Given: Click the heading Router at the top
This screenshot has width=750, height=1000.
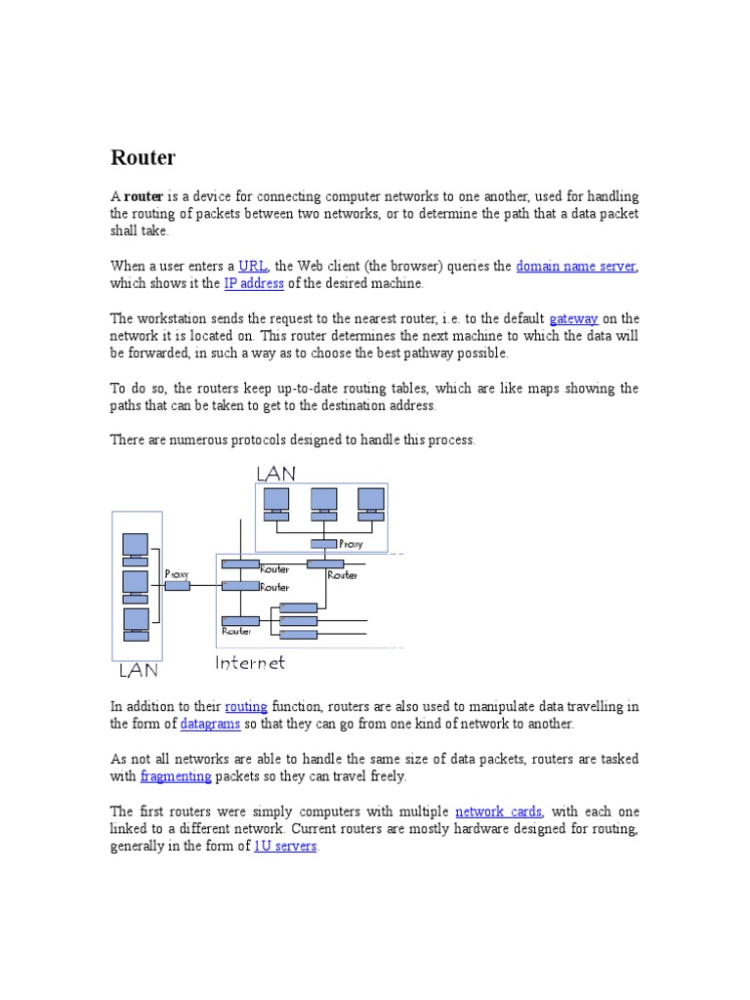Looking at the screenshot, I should [143, 157].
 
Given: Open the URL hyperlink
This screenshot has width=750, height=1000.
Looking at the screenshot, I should [253, 266].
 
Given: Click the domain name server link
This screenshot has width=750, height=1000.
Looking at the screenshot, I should [576, 266].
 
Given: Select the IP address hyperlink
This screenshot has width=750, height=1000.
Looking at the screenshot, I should [254, 283].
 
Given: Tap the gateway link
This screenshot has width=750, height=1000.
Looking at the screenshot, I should [573, 318].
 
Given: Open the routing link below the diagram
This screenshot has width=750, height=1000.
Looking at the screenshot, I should [245, 706].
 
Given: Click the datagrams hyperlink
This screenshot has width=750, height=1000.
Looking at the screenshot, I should [210, 724].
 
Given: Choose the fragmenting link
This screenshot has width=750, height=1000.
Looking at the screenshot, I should [176, 776].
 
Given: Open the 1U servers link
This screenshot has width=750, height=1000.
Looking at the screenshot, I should [285, 847].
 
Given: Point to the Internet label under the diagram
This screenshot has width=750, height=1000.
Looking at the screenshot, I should [250, 663].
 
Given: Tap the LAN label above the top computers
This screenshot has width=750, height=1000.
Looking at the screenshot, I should [275, 474].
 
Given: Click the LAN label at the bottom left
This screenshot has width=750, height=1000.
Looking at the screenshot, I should [139, 671].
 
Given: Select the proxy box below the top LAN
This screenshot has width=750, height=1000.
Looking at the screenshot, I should [323, 544].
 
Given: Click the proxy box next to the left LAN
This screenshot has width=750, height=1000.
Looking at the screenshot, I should [177, 585].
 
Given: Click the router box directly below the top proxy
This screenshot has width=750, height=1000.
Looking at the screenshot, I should [325, 563].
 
